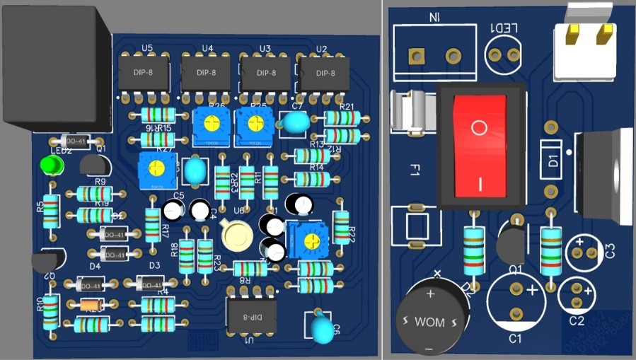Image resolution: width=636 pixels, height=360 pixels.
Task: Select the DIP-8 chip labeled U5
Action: pyautogui.click(x=144, y=73)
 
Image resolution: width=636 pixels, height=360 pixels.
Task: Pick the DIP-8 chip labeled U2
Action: pyautogui.click(x=325, y=74)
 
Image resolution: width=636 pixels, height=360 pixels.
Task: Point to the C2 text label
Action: pyautogui.click(x=577, y=321)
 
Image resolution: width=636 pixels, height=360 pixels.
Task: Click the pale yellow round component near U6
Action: pyautogui.click(x=236, y=236)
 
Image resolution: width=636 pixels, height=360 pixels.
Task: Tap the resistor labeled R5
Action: pyautogui.click(x=50, y=211)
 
